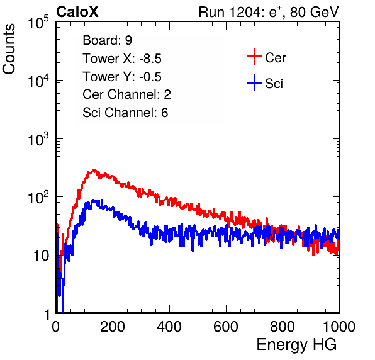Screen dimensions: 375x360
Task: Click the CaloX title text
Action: tap(77, 12)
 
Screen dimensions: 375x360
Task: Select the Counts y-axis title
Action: tap(9, 49)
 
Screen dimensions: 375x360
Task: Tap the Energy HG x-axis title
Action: tap(296, 345)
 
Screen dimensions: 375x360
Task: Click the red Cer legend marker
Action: tap(254, 57)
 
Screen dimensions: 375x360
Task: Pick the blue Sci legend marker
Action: tap(254, 82)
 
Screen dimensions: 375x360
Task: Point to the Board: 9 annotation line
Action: tap(107, 40)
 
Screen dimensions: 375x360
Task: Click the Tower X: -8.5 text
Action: tap(122, 59)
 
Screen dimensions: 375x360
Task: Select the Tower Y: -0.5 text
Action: tap(122, 77)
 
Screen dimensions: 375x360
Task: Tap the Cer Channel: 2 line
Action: tap(126, 94)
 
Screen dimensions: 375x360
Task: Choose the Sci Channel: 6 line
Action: tap(125, 113)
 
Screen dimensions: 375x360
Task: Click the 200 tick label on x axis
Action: tap(113, 327)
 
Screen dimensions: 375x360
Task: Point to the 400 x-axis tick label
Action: tap(169, 327)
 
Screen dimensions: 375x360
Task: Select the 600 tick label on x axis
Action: tap(226, 327)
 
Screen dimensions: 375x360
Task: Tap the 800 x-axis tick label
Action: tap(283, 327)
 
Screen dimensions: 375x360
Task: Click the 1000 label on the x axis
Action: tap(339, 327)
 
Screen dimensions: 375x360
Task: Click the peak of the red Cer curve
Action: tap(95, 170)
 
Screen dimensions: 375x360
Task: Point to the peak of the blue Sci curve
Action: tap(94, 200)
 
